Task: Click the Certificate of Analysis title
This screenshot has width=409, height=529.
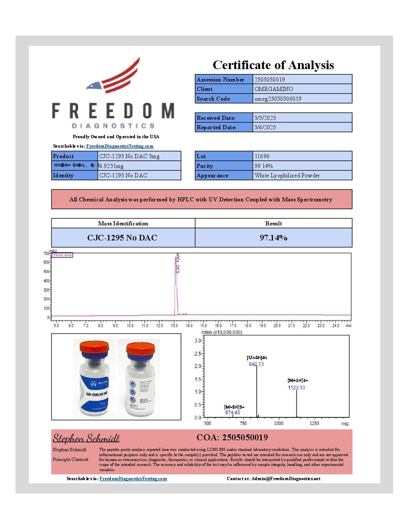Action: [273, 65]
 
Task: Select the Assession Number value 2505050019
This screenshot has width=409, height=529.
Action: [270, 79]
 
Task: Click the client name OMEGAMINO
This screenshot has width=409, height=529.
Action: [274, 89]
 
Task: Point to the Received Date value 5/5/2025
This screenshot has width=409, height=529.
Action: [265, 118]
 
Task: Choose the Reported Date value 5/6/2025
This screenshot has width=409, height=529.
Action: [265, 127]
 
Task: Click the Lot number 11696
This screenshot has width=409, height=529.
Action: [262, 156]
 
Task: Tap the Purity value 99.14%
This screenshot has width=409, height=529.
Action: [264, 166]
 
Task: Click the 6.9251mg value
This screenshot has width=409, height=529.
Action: [111, 166]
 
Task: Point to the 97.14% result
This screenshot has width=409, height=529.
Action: [273, 238]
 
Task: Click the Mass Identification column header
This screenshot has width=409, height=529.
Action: [123, 224]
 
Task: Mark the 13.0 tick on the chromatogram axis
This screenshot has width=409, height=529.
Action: [174, 326]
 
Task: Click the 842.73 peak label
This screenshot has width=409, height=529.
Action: [256, 364]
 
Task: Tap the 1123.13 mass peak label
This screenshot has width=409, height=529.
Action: [297, 387]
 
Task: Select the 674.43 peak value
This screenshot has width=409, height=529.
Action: [232, 412]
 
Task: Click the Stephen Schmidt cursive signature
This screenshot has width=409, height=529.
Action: [86, 438]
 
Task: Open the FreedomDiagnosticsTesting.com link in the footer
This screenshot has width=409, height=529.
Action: [133, 479]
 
